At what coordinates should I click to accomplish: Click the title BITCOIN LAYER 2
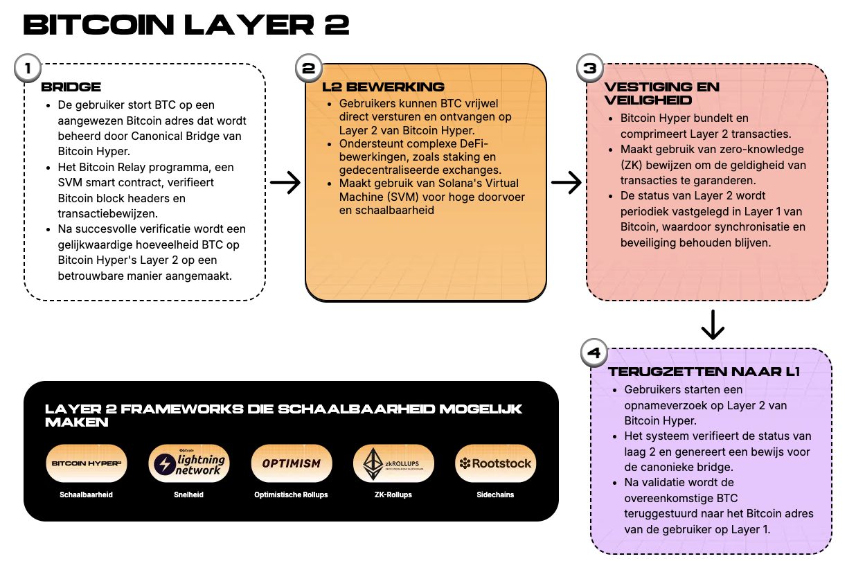(x=186, y=26)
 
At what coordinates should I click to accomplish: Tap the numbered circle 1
(x=27, y=69)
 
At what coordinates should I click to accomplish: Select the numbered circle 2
(x=308, y=69)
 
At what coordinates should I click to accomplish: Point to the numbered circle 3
(x=589, y=69)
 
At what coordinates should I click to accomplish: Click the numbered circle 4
(x=594, y=354)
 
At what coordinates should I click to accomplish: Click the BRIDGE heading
(x=71, y=87)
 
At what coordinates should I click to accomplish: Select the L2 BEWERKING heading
(x=383, y=87)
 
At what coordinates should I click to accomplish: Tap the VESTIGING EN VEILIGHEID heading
(x=661, y=93)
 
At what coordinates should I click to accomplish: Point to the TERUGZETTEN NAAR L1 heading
(x=704, y=372)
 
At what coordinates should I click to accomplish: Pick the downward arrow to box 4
(x=713, y=324)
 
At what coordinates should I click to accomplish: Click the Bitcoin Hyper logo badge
(x=87, y=463)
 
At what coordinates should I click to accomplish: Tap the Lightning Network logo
(x=189, y=463)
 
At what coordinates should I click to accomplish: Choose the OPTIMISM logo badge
(x=292, y=463)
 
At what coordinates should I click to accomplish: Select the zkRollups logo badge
(x=393, y=463)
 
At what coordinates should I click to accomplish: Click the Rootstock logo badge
(x=495, y=463)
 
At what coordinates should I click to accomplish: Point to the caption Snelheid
(x=189, y=495)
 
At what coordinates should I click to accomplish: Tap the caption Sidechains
(x=495, y=495)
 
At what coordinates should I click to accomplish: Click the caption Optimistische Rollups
(x=292, y=495)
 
